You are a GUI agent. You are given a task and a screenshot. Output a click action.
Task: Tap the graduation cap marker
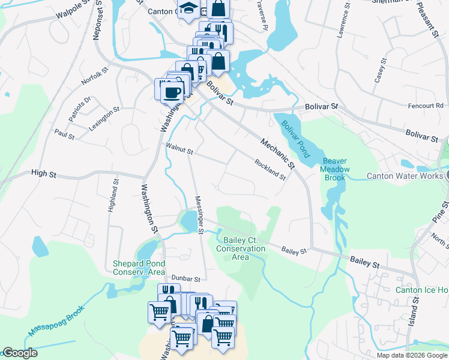click(189, 10)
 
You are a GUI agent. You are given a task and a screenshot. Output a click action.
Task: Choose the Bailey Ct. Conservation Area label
click(240, 248)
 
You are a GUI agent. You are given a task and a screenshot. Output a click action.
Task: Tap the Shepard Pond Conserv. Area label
click(139, 268)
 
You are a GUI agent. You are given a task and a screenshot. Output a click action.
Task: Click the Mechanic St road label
click(278, 153)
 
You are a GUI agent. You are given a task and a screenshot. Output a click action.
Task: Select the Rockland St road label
click(270, 169)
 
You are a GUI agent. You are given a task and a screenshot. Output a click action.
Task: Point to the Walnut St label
click(179, 149)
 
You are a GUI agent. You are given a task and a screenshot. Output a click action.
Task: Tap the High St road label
click(43, 174)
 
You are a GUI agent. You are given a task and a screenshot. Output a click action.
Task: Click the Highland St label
click(111, 196)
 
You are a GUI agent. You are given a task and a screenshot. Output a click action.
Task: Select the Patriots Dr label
click(79, 109)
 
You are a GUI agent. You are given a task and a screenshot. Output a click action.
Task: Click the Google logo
click(20, 353)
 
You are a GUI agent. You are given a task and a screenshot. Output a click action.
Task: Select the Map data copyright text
click(412, 355)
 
